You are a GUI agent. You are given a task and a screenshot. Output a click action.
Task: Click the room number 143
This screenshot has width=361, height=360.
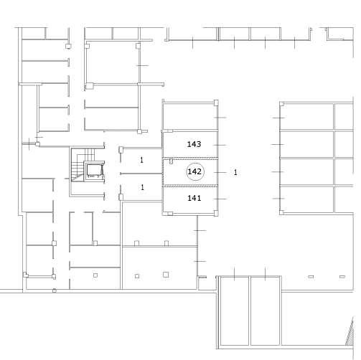pyautogui.click(x=194, y=144)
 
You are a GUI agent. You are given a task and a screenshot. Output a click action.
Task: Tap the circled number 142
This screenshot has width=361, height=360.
pyautogui.click(x=195, y=171)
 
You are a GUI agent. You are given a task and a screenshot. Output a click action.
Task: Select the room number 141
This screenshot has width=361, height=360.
pyautogui.click(x=194, y=198)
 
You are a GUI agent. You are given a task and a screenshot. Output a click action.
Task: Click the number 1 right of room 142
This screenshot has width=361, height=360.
pyautogui.click(x=235, y=172)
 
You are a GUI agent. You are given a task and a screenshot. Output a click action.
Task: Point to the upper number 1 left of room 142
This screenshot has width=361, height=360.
pyautogui.click(x=142, y=160)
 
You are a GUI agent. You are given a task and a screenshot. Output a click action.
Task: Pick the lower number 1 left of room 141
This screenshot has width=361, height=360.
pyautogui.click(x=143, y=187)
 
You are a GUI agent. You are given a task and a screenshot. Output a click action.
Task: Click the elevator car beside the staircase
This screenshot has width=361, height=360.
pyautogui.click(x=94, y=171)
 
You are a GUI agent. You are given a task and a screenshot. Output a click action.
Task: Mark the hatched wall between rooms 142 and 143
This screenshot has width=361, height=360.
pyautogui.click(x=190, y=158)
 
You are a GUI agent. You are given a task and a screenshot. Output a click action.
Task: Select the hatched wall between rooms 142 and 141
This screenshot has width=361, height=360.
pyautogui.click(x=190, y=186)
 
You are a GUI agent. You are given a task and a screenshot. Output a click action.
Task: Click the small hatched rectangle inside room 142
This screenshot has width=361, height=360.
pyautogui.click(x=171, y=161)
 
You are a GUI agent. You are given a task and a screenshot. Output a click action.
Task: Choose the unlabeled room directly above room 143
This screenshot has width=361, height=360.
pyautogui.click(x=189, y=117)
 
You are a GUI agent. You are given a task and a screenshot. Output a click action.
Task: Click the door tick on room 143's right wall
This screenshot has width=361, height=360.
pyautogui.click(x=220, y=145)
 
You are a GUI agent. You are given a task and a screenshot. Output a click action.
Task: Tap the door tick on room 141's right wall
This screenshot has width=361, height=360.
pyautogui.click(x=220, y=199)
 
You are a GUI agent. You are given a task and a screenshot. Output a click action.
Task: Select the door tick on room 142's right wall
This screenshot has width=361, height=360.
pyautogui.click(x=220, y=172)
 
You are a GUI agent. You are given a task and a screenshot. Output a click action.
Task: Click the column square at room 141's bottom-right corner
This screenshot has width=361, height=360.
pyautogui.click(x=216, y=213)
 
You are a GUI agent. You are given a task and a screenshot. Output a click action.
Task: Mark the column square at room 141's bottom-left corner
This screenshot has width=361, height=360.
pyautogui.click(x=170, y=214)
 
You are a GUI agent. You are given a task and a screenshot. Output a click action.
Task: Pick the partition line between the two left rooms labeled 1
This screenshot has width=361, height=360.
pyautogui.click(x=141, y=174)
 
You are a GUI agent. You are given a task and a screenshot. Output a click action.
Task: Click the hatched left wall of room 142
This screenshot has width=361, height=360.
pyautogui.click(x=163, y=172)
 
